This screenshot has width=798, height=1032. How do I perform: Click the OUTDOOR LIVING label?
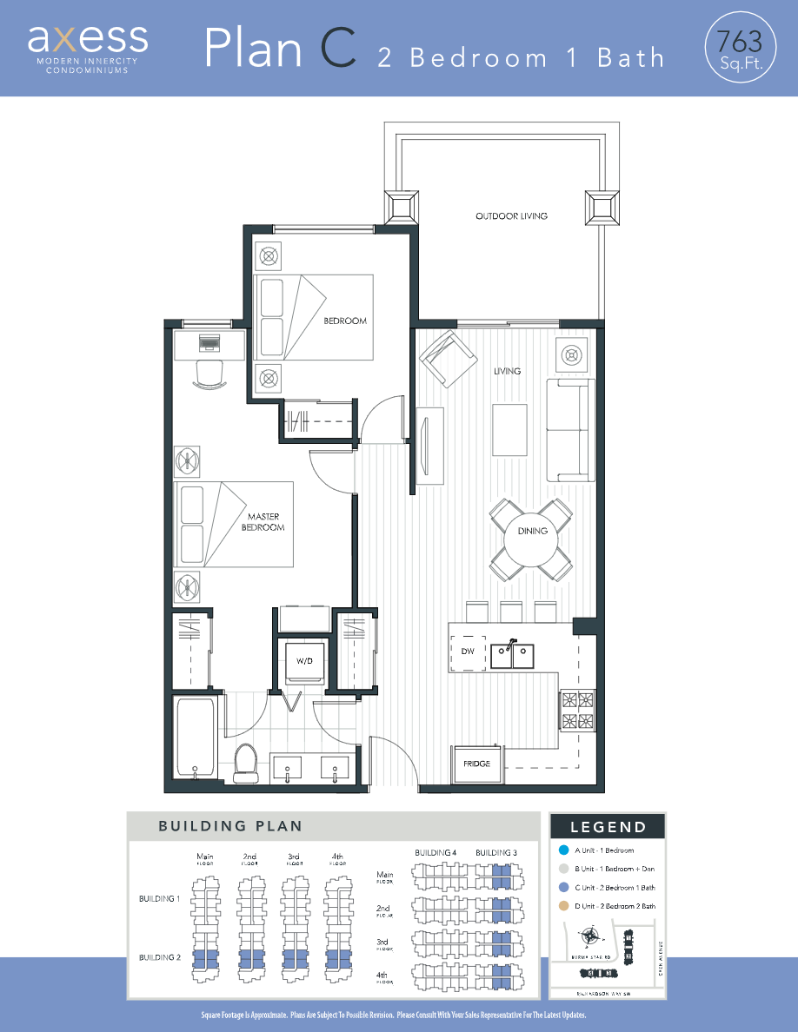(511, 216)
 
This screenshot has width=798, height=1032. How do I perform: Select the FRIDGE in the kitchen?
(476, 764)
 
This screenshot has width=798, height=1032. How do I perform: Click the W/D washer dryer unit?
(304, 662)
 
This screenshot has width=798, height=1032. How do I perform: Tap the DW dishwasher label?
(468, 651)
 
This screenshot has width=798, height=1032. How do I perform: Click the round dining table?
(532, 531)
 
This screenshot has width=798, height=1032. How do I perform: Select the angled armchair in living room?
(448, 359)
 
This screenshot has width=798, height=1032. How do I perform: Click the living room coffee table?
(509, 430)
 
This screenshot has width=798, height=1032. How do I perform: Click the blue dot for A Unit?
(564, 850)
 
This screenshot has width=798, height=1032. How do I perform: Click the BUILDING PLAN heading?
(229, 826)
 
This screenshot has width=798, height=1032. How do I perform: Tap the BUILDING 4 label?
(436, 853)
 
